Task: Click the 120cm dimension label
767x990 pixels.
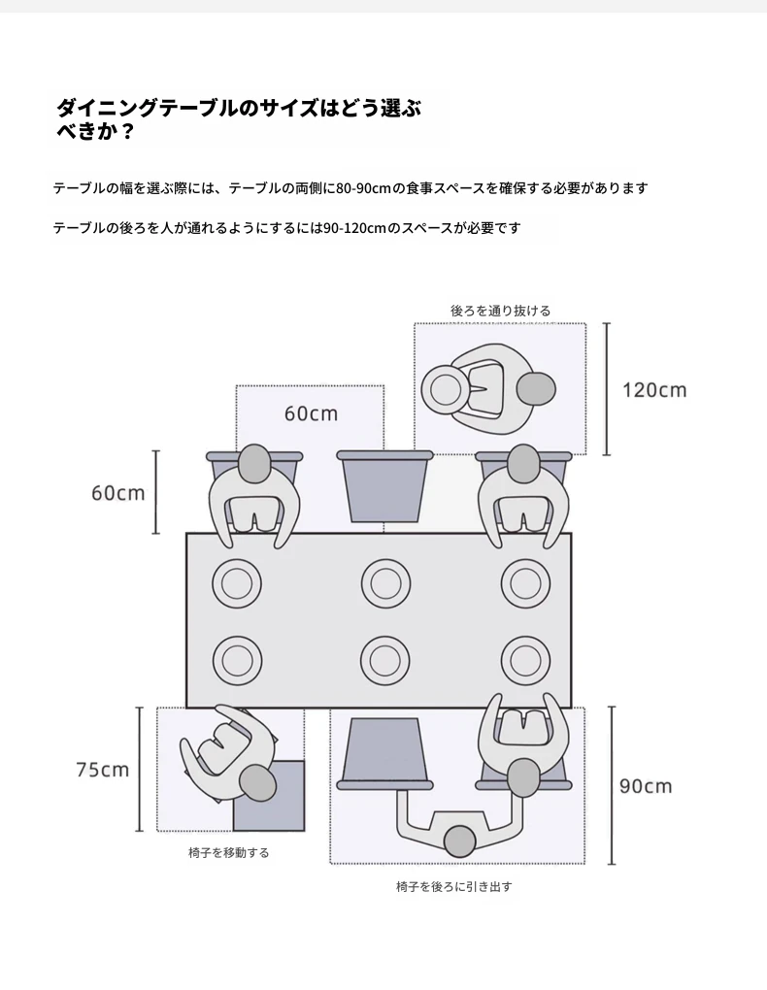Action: tap(654, 390)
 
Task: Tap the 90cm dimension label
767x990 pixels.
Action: tap(646, 786)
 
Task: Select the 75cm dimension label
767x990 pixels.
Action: tap(102, 770)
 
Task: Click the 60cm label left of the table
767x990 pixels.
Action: tap(118, 492)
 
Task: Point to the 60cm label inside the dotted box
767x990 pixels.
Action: tap(311, 413)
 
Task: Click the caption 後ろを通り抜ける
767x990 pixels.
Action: tap(500, 311)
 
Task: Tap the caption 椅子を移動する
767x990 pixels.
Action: tap(229, 853)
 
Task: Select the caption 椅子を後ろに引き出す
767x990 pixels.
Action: tap(454, 887)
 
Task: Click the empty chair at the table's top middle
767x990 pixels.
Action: tap(384, 486)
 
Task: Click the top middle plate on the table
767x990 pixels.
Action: tap(386, 583)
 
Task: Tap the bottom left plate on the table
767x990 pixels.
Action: tap(237, 661)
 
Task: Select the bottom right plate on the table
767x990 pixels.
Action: tap(525, 661)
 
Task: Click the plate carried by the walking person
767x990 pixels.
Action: tap(446, 390)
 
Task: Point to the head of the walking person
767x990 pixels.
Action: tap(536, 389)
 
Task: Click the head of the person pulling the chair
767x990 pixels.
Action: tap(459, 841)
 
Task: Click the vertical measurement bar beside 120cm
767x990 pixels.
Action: tap(607, 389)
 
